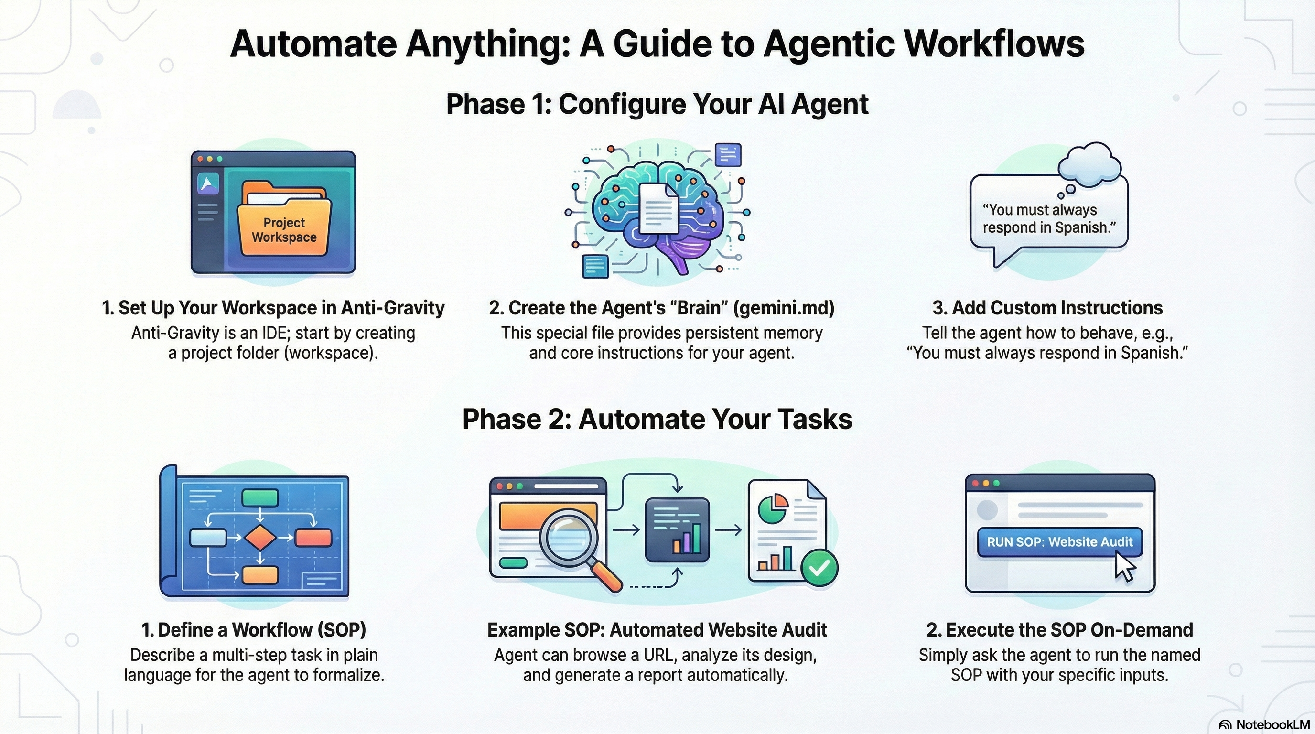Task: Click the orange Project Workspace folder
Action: (x=284, y=225)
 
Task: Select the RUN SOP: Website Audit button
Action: (x=1059, y=541)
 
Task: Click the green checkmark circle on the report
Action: (x=819, y=568)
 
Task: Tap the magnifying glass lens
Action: (x=571, y=540)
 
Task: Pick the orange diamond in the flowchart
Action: (x=260, y=537)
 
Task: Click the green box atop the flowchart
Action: (x=260, y=497)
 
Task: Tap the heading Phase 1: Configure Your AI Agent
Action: (x=657, y=104)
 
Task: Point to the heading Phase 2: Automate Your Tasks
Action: (x=657, y=420)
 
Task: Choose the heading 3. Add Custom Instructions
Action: (x=1047, y=308)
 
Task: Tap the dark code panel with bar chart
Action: (x=677, y=529)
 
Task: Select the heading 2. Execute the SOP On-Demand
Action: (x=1059, y=630)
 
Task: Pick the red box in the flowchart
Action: (x=313, y=538)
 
